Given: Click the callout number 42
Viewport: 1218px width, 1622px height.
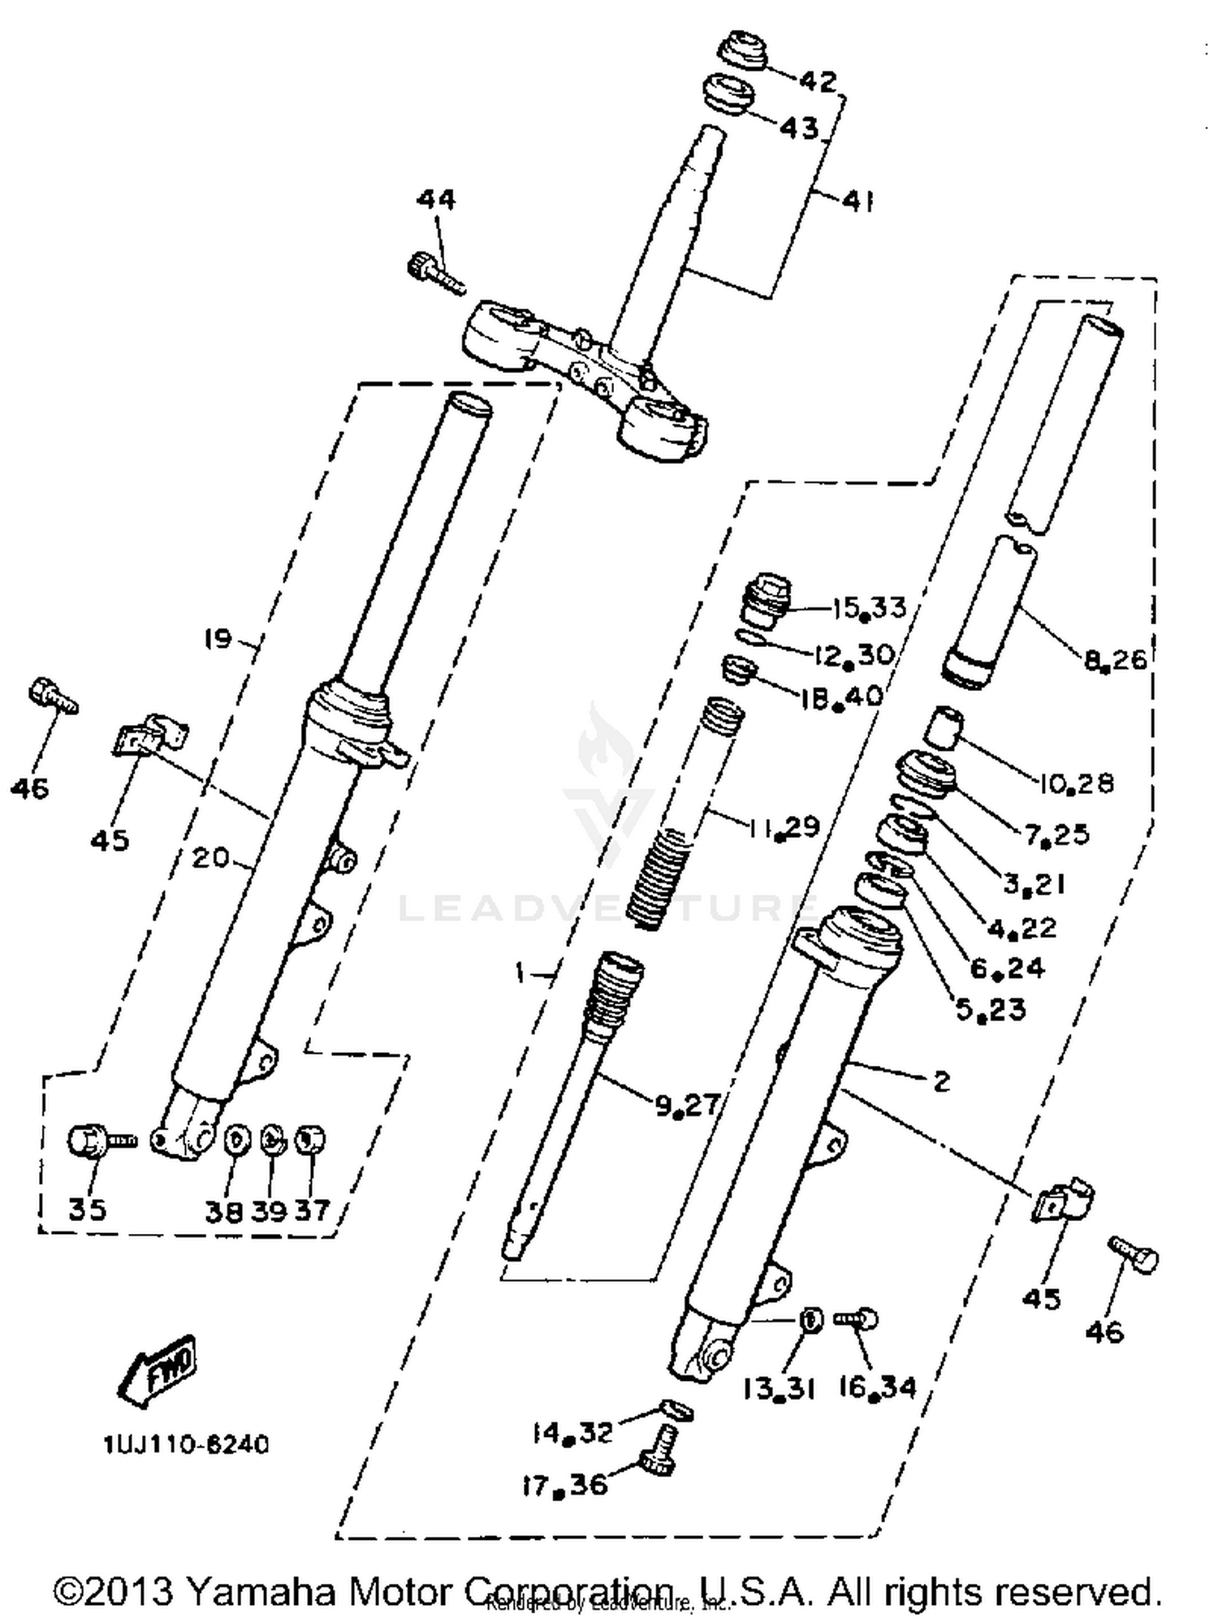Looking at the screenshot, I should coord(817,81).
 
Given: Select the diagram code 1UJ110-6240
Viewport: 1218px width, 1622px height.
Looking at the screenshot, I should coord(185,1445).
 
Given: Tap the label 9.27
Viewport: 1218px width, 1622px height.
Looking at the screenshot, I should coord(687,1104).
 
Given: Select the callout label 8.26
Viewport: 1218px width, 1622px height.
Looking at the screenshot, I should coord(1115,658).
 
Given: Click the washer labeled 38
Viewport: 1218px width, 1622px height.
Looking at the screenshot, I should coord(236,1140).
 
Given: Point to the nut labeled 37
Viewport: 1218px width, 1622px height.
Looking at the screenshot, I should coord(310,1140).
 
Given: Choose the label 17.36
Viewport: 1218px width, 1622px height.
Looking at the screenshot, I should coord(564,1486).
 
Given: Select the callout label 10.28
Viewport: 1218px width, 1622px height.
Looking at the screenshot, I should coord(1076,783).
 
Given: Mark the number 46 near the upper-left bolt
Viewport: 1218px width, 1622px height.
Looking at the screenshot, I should coord(30,787).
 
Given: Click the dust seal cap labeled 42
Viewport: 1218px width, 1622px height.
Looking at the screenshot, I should coord(742,53).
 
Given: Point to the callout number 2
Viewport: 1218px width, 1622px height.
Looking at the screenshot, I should coord(941,1081).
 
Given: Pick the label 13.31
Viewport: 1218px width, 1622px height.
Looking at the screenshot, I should coord(778,1389).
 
